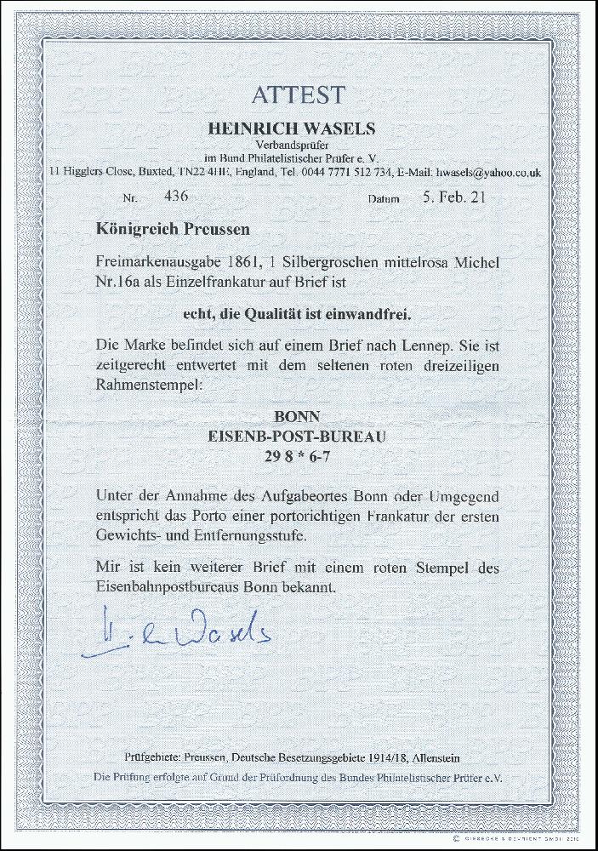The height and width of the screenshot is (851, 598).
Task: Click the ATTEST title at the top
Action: [299, 95]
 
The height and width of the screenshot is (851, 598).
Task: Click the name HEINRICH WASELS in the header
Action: [299, 129]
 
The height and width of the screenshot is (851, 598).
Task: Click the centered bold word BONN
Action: [298, 419]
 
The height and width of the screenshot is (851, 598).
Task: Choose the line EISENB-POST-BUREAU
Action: [298, 436]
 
